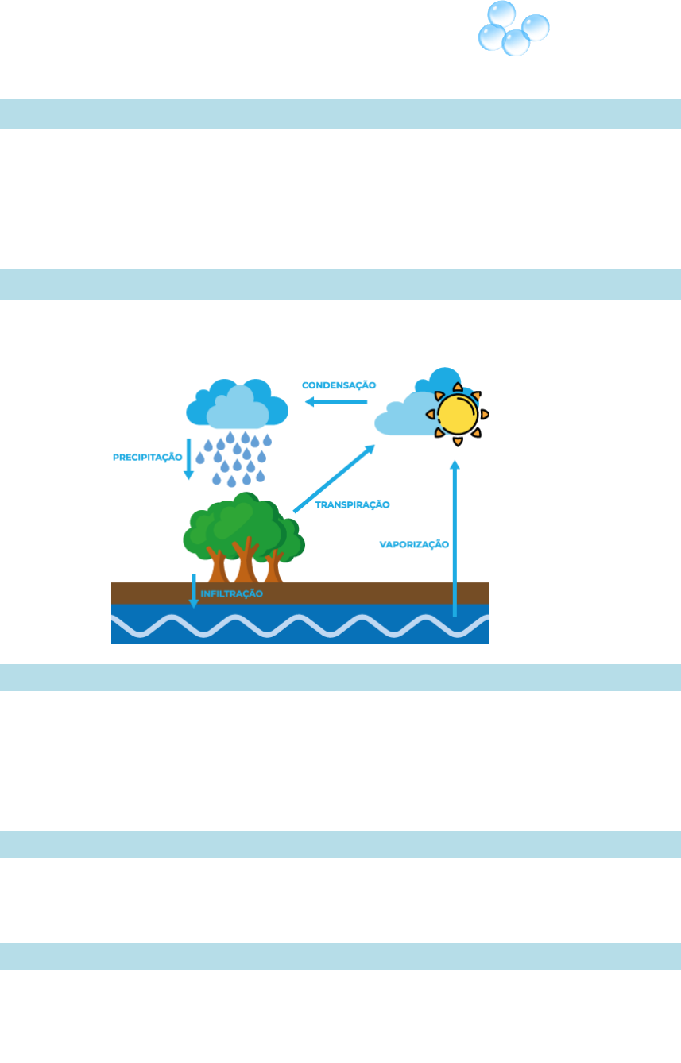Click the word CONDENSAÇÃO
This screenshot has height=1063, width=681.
pyautogui.click(x=339, y=385)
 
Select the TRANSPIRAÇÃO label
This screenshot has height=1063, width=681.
pyautogui.click(x=352, y=504)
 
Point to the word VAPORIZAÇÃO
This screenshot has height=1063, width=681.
pyautogui.click(x=414, y=545)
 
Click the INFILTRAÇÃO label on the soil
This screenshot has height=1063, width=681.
pyautogui.click(x=231, y=593)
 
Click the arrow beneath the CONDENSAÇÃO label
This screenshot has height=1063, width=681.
pyautogui.click(x=336, y=402)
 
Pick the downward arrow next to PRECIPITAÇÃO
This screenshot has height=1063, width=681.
pyautogui.click(x=189, y=458)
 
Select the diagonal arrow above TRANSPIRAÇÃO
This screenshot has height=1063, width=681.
pyautogui.click(x=335, y=479)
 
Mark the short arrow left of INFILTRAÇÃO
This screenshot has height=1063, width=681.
pyautogui.click(x=193, y=591)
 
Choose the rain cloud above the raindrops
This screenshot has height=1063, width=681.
pyautogui.click(x=236, y=404)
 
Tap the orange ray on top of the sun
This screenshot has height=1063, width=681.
pyautogui.click(x=457, y=387)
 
